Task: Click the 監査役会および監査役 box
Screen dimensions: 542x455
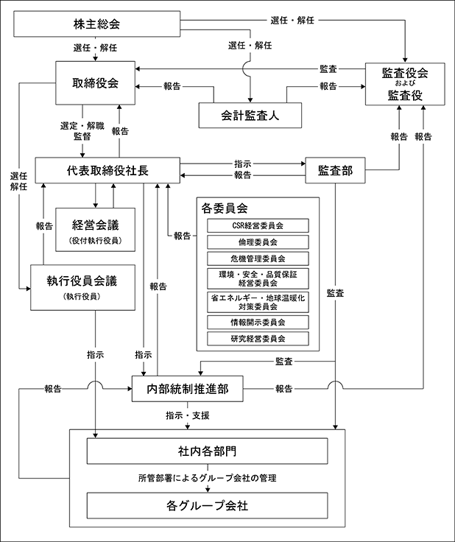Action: point(404,83)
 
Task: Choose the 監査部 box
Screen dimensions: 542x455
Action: point(335,170)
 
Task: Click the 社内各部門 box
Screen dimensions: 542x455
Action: point(206,450)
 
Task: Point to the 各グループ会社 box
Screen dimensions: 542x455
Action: point(206,506)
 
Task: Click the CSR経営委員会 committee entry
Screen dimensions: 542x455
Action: point(257,225)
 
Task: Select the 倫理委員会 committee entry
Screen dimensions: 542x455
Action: point(257,242)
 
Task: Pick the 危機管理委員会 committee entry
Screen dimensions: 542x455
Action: point(257,258)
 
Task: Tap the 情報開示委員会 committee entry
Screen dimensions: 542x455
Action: point(257,323)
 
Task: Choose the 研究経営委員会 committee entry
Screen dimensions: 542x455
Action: point(257,339)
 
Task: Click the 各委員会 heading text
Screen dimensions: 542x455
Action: point(224,208)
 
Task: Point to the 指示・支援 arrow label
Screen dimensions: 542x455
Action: point(188,416)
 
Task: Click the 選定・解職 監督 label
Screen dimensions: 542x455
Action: point(82,132)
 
